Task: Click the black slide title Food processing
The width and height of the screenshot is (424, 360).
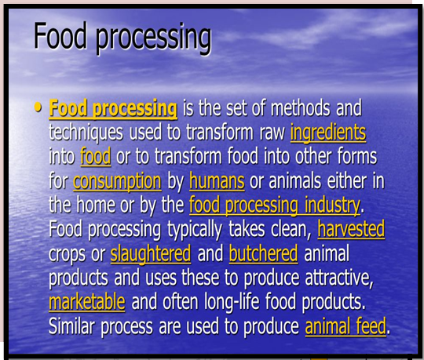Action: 122,38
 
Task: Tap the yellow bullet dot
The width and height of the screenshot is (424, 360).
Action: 38,107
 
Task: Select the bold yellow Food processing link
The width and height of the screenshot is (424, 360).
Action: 113,109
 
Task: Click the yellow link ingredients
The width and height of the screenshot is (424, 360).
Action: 328,133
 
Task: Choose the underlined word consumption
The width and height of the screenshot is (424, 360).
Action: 117,181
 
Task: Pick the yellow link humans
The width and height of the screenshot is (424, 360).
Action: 217,180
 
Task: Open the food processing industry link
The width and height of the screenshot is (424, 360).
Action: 275,205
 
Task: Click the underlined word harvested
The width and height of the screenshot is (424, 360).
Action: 351,229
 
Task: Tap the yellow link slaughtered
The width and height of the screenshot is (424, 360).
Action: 151,254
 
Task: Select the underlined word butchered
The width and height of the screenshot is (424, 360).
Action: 263,253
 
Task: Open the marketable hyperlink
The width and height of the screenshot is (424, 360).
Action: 87,302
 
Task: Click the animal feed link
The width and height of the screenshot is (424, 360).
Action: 345,326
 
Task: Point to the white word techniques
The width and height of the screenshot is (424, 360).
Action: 86,133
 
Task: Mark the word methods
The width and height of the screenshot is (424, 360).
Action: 300,107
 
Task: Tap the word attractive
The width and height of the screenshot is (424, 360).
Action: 339,278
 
